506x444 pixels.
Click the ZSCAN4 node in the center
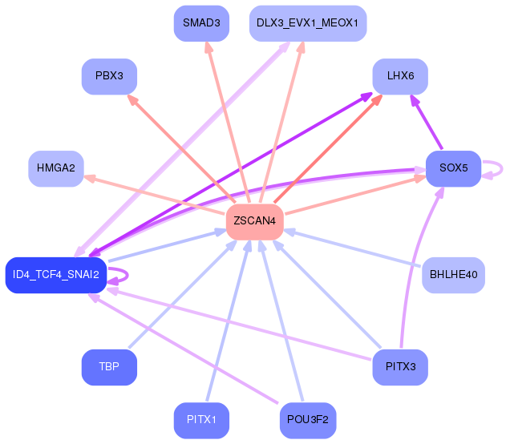tap(256, 220)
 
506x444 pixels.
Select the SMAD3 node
tap(201, 22)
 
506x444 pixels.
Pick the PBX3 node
tap(109, 76)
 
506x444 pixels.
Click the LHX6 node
tap(400, 76)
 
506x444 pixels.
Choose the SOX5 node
tap(453, 168)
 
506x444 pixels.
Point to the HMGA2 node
tap(56, 168)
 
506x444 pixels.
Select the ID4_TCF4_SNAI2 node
tap(56, 275)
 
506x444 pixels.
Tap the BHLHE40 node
tap(453, 275)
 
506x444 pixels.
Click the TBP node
tap(109, 367)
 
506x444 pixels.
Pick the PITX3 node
tap(400, 367)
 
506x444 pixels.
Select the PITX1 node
tap(201, 420)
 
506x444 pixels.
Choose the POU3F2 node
tap(307, 420)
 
